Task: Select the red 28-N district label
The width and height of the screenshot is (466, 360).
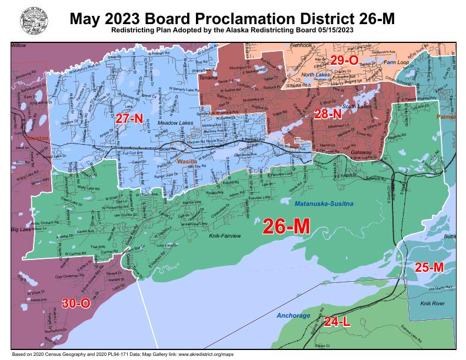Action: tap(328, 114)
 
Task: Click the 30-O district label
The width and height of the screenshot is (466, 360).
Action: tap(76, 304)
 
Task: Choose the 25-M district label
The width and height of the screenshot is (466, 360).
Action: tap(429, 268)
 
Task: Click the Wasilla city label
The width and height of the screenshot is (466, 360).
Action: tap(188, 161)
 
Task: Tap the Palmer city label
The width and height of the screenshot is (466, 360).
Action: tap(446, 117)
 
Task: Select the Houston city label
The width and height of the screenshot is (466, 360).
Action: tap(22, 136)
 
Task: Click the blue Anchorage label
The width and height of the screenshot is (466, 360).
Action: tap(293, 316)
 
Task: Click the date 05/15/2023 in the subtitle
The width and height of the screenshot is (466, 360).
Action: tap(335, 29)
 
